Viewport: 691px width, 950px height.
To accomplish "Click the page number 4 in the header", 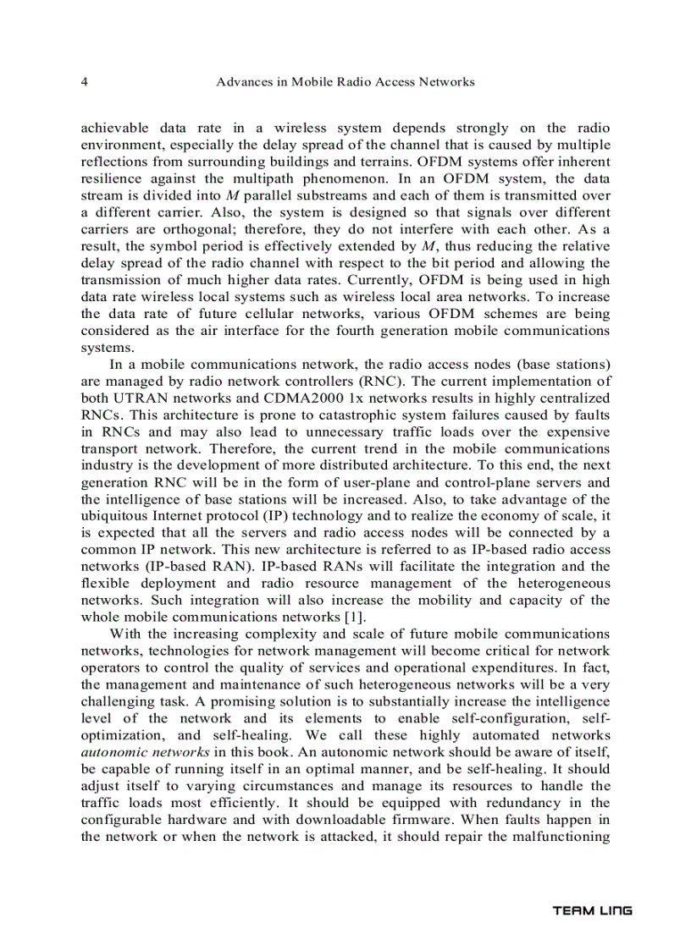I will pos(84,82).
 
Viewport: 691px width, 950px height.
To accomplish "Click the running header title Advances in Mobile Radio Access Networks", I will pos(345,82).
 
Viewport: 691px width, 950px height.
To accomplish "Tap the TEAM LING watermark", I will pos(592,911).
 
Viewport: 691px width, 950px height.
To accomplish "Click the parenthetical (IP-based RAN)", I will pos(185,567).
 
